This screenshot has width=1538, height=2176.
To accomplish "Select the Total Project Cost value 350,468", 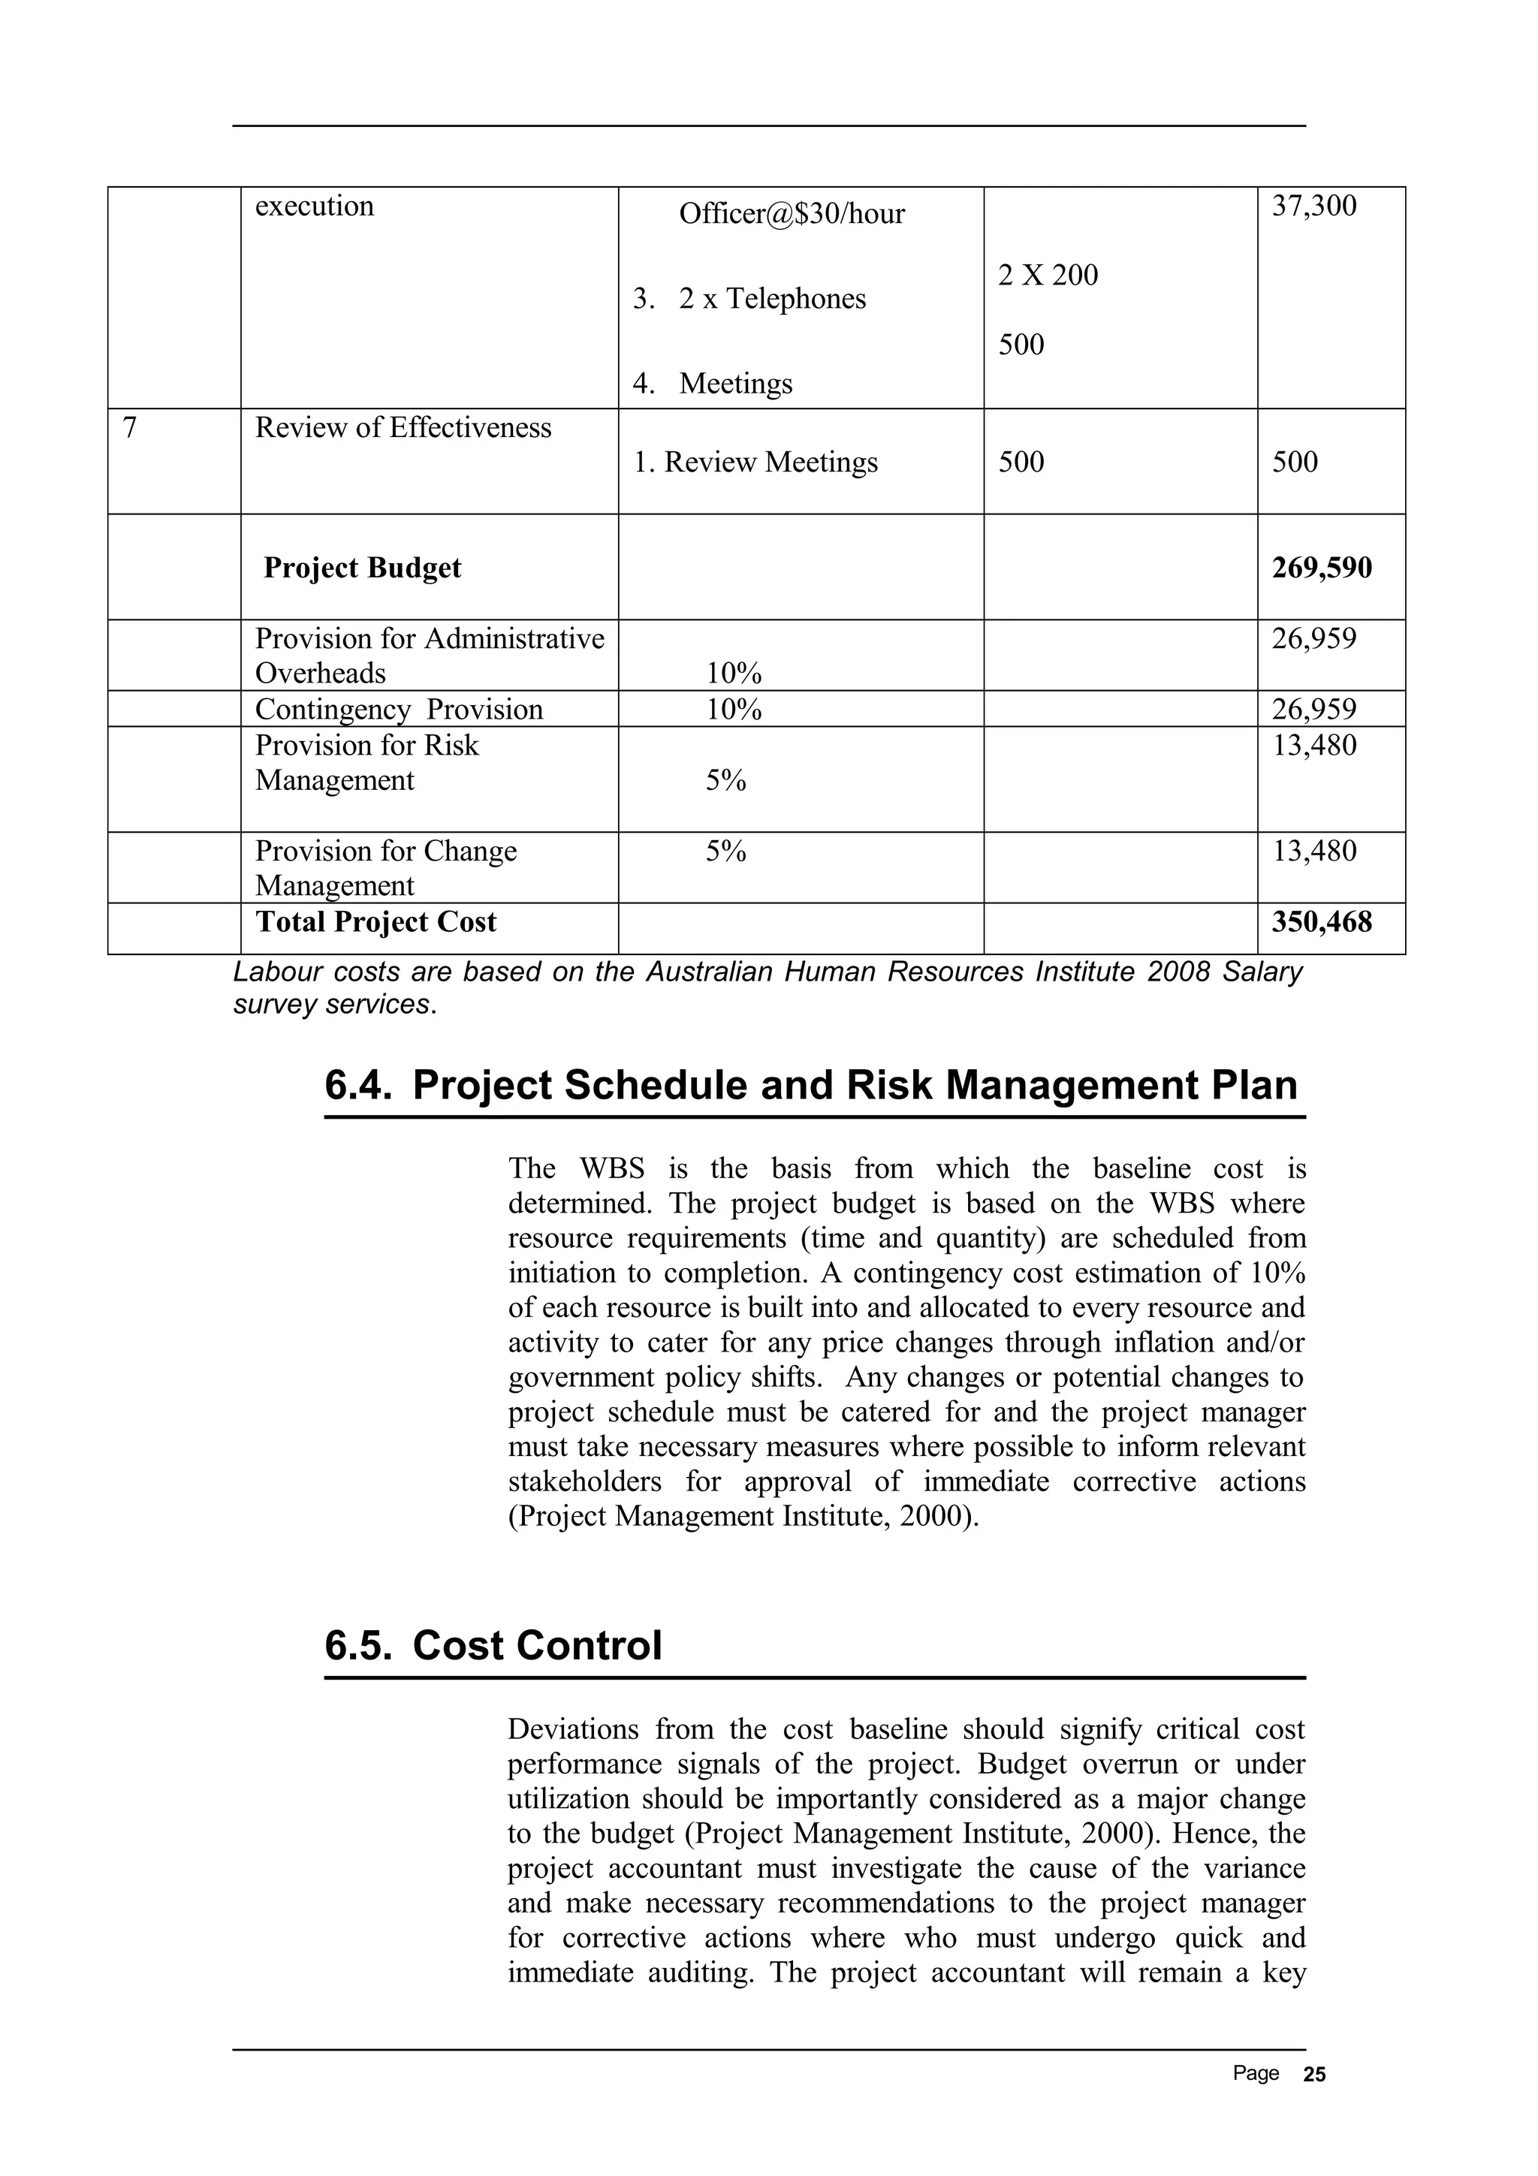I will click(x=1321, y=922).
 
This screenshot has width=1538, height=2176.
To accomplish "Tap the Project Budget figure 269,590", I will click(x=1321, y=568).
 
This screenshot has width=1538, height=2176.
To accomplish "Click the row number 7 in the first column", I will click(x=130, y=429).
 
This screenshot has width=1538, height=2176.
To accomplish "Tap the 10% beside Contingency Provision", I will click(x=734, y=710).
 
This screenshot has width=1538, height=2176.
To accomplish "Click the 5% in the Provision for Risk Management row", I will click(x=726, y=781).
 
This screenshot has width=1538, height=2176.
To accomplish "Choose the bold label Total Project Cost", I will click(x=375, y=922).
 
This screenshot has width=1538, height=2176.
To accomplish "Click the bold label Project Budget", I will click(x=362, y=568).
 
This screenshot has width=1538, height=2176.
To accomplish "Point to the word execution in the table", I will click(x=314, y=206).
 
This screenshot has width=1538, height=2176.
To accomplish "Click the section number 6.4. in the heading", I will click(x=358, y=1086).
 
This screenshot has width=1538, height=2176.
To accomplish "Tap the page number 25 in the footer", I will click(x=1314, y=2075).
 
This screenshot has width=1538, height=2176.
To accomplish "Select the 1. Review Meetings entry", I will click(x=755, y=463).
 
